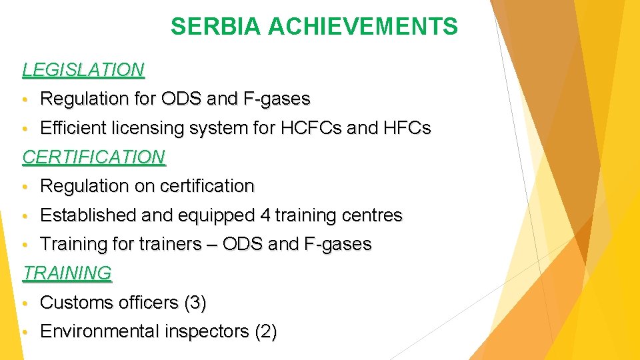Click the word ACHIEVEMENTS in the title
coord(363,27)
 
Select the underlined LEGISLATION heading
coord(83,69)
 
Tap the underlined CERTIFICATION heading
coord(93,157)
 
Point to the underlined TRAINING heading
coord(67,273)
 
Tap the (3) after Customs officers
coord(194,303)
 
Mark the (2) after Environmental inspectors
coord(265,331)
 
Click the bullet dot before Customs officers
coord(25,303)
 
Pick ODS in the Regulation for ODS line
coord(180,99)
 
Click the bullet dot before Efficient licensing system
coord(25,129)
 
